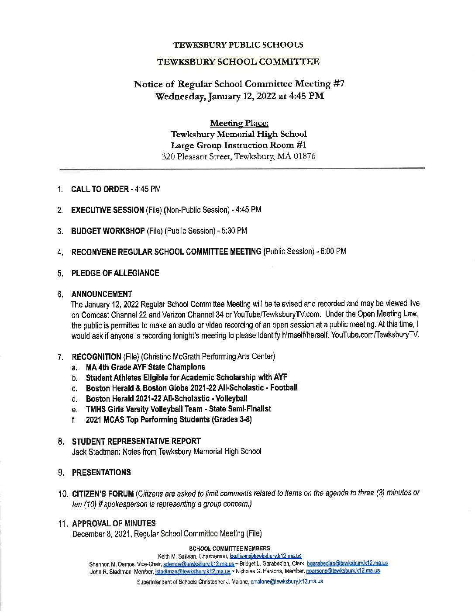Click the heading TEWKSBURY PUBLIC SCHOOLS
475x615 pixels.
pyautogui.click(x=238, y=45)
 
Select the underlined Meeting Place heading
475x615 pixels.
pyautogui.click(x=238, y=123)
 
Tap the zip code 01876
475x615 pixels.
pyautogui.click(x=304, y=156)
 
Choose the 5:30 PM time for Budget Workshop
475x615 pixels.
pyautogui.click(x=236, y=231)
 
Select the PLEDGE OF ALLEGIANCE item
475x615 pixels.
pyautogui.click(x=115, y=273)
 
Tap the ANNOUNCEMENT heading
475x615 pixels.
pyautogui.click(x=102, y=294)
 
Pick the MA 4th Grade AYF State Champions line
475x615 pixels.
pyautogui.click(x=145, y=367)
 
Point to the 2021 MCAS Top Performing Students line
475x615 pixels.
pyautogui.click(x=169, y=420)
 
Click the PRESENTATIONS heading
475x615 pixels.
pyautogui.click(x=101, y=473)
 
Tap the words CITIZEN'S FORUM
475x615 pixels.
pyautogui.click(x=103, y=494)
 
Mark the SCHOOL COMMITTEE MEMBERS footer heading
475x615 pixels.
pyautogui.click(x=229, y=548)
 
